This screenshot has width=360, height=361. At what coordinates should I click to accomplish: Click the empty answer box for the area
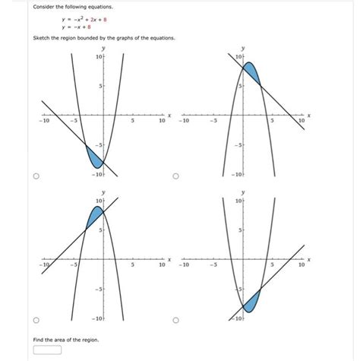pyautogui.click(x=47, y=351)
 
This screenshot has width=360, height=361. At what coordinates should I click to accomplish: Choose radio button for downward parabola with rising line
pyautogui.click(x=35, y=319)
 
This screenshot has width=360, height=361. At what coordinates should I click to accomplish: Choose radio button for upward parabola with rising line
pyautogui.click(x=175, y=319)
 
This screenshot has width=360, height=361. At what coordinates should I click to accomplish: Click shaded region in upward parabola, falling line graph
pyautogui.click(x=94, y=156)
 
